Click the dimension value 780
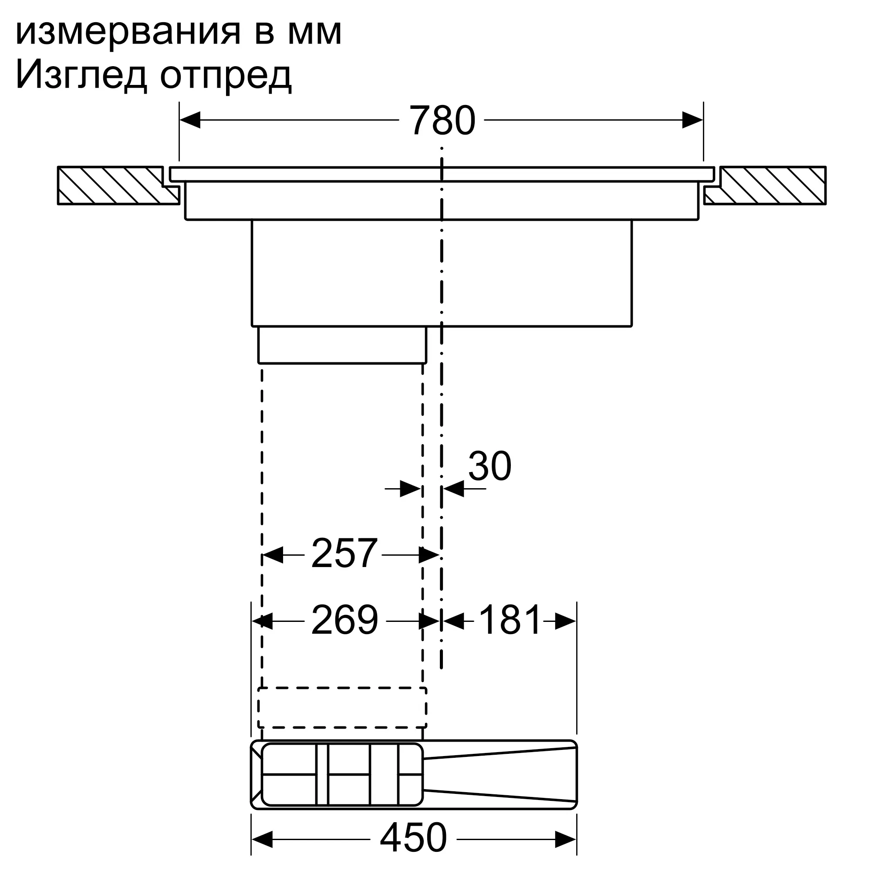pos(442,121)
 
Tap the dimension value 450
pos(413,837)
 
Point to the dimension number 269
pos(344,621)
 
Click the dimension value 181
pos(510,621)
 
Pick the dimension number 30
pos(490,466)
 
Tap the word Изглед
pos(81,76)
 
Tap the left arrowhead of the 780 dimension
pos(190,120)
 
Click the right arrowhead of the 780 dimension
pos(692,120)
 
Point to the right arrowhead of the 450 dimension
pos(566,839)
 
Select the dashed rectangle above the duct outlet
pos(342,707)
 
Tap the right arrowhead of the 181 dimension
pos(565,621)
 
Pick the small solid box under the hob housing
pos(342,344)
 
